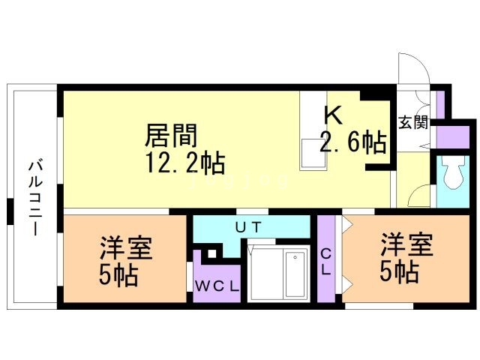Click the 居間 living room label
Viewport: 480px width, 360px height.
tap(171, 135)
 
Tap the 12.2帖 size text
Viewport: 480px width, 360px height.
tap(185, 163)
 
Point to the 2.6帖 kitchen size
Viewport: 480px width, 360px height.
tap(352, 142)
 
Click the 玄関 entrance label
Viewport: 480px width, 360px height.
tap(413, 123)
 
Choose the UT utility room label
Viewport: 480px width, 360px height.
tap(248, 227)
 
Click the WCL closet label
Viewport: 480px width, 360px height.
tap(217, 286)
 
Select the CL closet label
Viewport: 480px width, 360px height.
tap(326, 262)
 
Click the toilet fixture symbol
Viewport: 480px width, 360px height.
tap(453, 172)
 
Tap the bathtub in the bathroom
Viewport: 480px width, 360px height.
tap(295, 274)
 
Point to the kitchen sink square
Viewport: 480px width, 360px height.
tap(313, 153)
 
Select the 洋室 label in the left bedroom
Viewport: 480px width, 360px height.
tap(126, 248)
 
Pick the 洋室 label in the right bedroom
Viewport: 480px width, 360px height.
tap(406, 244)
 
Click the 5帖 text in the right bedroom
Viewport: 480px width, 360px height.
tap(399, 271)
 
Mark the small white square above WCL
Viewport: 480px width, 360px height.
tap(211, 253)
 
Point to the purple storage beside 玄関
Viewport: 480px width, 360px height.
tap(452, 136)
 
